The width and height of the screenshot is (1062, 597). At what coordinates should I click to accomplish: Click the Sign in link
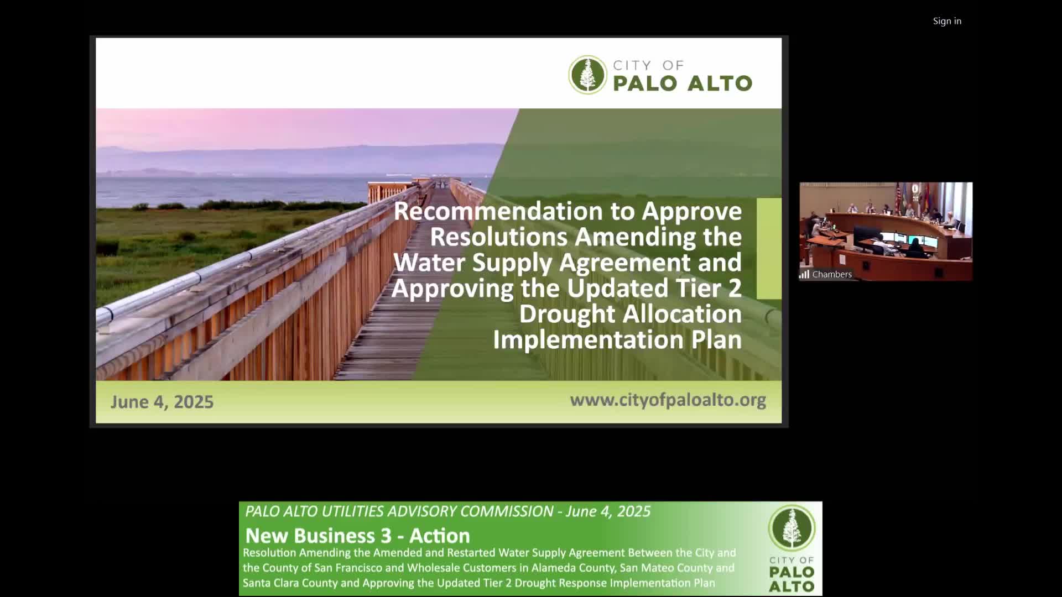click(x=947, y=21)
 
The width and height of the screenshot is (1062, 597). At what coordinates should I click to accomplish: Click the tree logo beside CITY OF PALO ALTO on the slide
click(x=587, y=75)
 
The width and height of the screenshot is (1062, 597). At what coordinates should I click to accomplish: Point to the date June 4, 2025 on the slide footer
click(x=162, y=402)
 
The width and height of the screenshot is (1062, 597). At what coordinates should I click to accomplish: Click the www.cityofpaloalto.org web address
click(x=668, y=400)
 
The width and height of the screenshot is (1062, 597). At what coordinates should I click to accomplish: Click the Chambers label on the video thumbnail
click(x=832, y=274)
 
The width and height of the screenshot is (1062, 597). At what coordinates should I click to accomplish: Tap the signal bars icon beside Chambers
click(x=804, y=274)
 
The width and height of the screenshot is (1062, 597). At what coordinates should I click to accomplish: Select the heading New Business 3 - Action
click(x=357, y=536)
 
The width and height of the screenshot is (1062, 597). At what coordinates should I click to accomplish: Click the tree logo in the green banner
click(x=792, y=528)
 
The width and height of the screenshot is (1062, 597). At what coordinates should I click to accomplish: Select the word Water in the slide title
click(x=429, y=263)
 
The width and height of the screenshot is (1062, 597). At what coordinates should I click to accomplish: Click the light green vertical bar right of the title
click(x=769, y=249)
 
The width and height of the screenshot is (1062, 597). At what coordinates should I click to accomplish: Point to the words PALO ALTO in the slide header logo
click(x=683, y=83)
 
